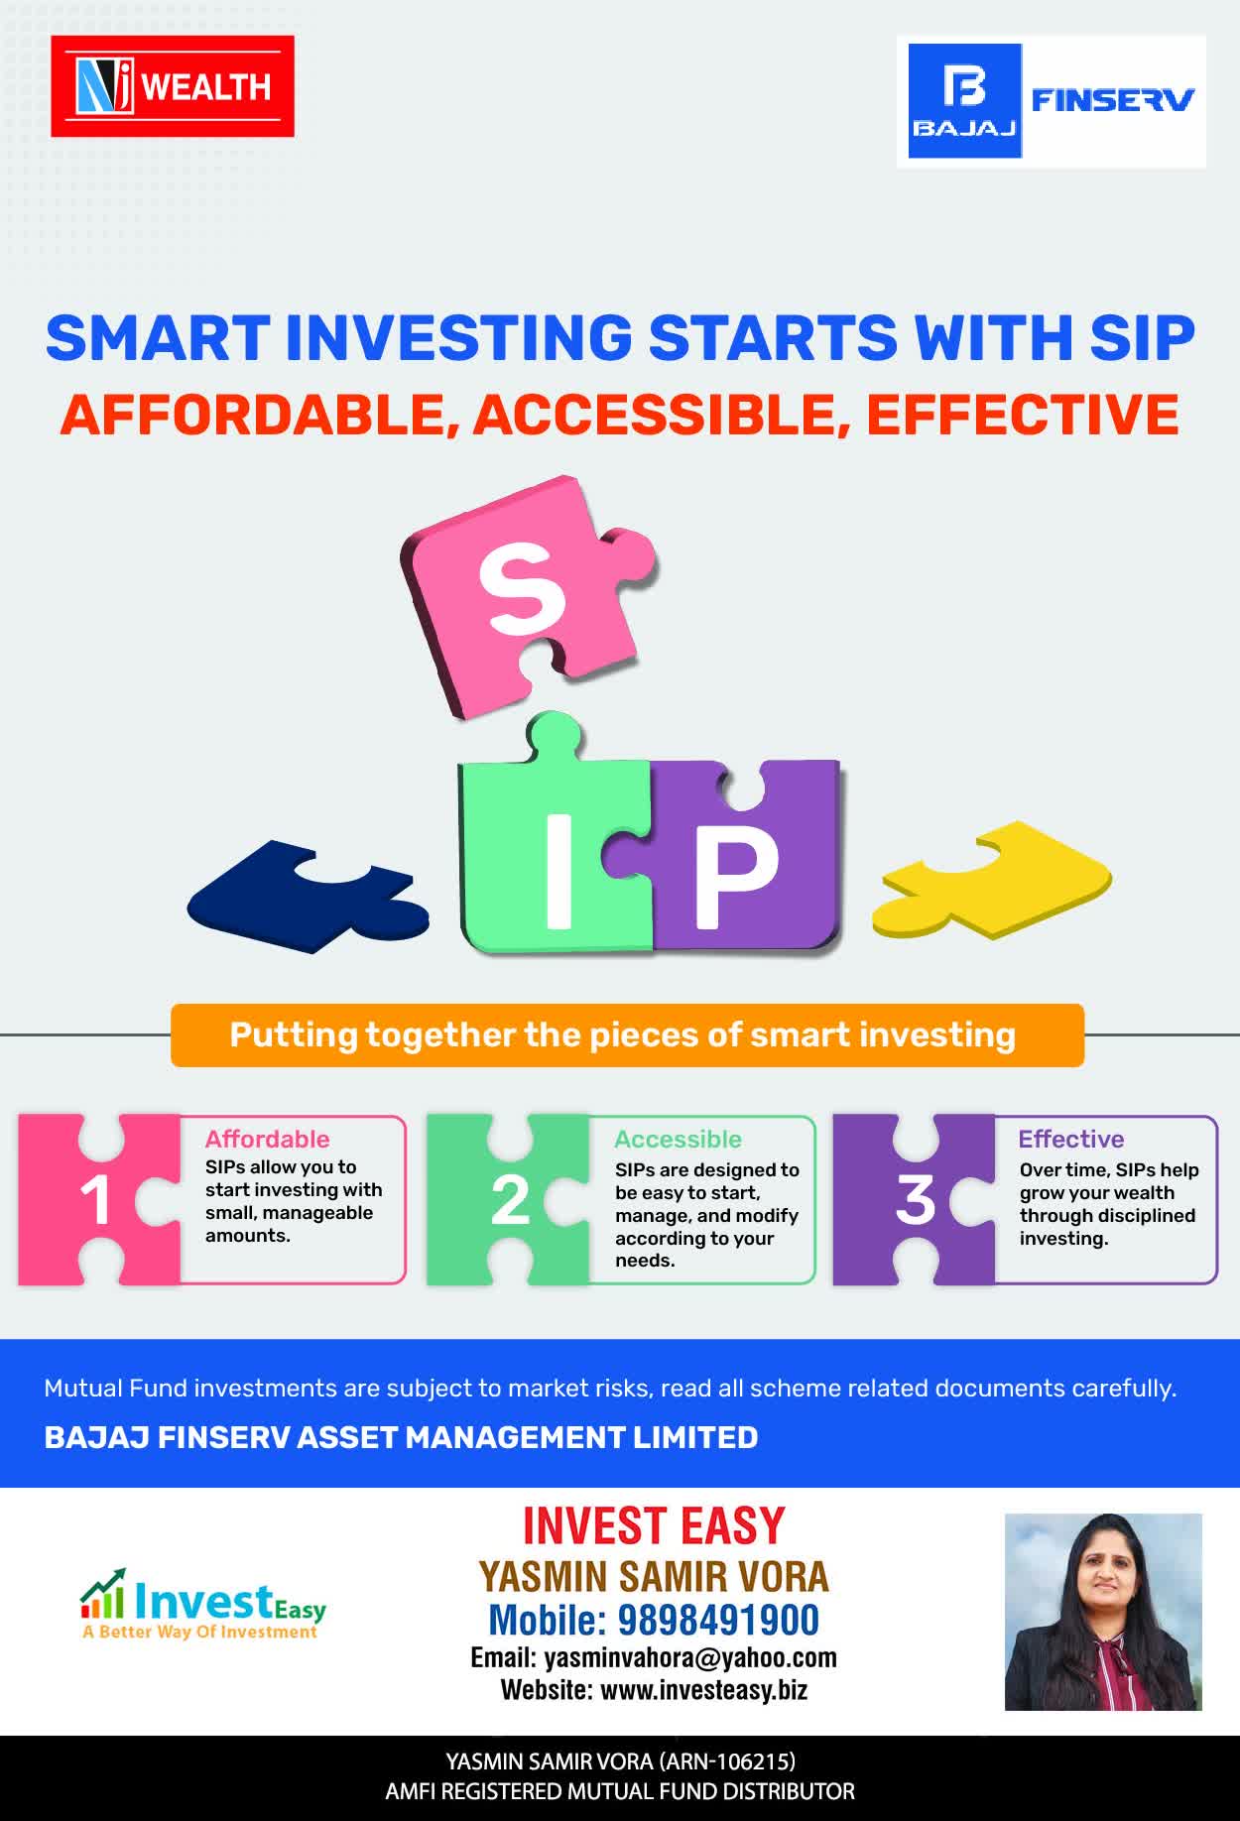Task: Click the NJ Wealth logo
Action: (173, 86)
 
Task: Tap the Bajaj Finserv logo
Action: (1052, 101)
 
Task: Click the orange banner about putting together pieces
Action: (627, 1035)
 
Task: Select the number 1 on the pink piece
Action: (96, 1201)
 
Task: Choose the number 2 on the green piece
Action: (511, 1201)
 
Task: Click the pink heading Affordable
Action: (267, 1139)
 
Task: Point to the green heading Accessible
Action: (678, 1140)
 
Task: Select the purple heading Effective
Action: (1071, 1139)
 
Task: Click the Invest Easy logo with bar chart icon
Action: (203, 1604)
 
